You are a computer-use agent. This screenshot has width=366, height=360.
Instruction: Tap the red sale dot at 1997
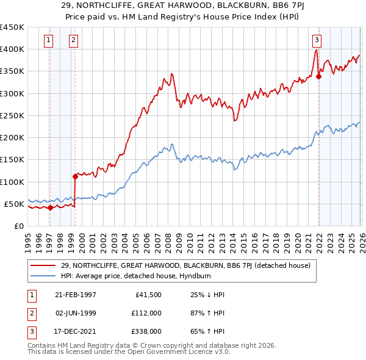coord(51,207)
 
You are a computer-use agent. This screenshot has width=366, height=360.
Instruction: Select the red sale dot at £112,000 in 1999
coord(75,176)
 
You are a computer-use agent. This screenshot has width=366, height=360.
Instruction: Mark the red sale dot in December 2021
coord(318,76)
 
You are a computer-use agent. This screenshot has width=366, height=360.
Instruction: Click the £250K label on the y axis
coord(12,115)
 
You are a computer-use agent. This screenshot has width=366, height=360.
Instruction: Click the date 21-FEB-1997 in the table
coord(76,295)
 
